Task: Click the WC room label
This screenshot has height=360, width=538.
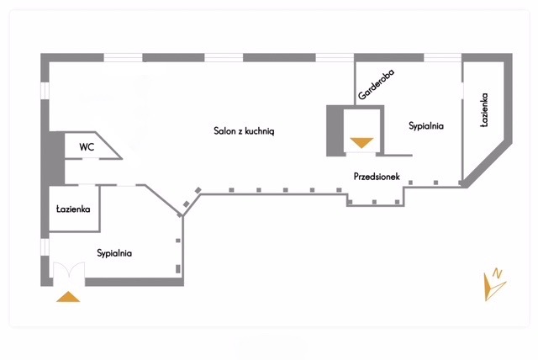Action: coord(87,146)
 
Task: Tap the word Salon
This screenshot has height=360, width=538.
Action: coord(224,131)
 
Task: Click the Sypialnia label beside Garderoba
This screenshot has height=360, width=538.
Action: coord(425,126)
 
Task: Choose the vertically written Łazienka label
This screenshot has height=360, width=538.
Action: coord(485,110)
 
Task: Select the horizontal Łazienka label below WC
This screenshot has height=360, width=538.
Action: coord(73,209)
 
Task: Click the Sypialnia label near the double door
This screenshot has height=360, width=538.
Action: coord(113,252)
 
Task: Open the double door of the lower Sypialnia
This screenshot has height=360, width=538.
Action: coord(67,273)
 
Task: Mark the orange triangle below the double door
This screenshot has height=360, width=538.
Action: coord(67,296)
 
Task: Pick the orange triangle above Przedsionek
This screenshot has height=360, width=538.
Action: coord(361,142)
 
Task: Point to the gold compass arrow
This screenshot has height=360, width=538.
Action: coord(491,289)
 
